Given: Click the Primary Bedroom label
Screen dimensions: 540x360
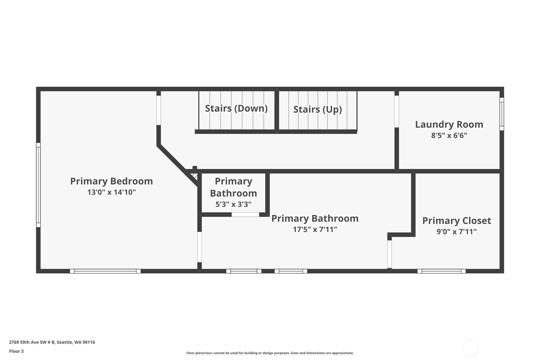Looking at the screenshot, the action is tap(111, 181).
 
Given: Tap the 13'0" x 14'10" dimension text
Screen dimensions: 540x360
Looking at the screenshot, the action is tap(111, 192).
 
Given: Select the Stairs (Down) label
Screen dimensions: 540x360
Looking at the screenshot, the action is tap(236, 109).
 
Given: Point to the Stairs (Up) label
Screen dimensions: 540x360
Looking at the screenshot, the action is tap(318, 109).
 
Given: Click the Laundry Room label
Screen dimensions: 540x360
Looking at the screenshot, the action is tap(449, 124).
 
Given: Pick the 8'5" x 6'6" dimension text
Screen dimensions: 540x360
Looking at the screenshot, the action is tap(449, 135).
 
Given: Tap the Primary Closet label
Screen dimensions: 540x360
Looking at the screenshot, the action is tap(457, 221).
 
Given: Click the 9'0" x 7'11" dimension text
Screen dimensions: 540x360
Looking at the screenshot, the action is tap(457, 232).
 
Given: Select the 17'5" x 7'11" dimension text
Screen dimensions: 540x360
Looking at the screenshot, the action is tap(315, 229).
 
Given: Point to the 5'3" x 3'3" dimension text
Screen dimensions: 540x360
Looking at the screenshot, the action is tap(233, 204).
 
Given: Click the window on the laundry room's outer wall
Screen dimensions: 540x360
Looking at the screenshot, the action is tap(502, 114).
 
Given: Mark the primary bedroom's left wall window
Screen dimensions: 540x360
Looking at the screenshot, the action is tap(38, 185).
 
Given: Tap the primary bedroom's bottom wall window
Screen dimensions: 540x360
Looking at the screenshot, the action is tap(105, 271).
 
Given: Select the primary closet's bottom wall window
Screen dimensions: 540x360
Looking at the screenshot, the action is tap(441, 271).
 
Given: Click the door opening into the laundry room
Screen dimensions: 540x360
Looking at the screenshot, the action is tap(396, 111).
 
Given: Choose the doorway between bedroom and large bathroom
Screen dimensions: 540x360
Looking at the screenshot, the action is tap(200, 247).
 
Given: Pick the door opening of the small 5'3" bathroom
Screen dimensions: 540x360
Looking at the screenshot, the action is tap(245, 215).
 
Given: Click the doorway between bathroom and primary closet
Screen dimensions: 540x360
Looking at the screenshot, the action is tap(389, 254).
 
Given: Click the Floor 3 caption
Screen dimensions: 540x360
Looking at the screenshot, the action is tap(17, 351).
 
